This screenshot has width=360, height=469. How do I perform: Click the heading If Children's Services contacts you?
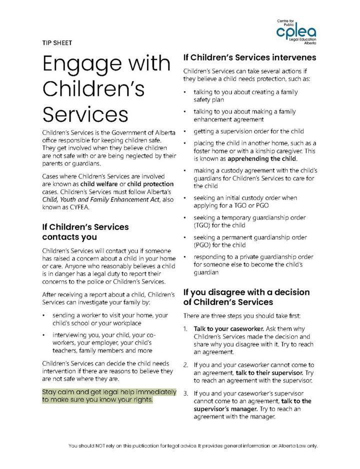pyautogui.click(x=85, y=231)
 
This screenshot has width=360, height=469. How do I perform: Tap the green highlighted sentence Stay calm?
pyautogui.click(x=108, y=395)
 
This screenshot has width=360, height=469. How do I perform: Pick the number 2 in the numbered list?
pyautogui.click(x=184, y=365)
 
